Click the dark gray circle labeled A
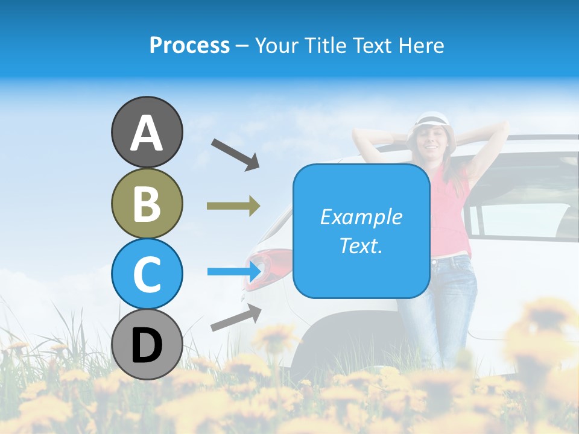[147, 132]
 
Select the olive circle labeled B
[147, 203]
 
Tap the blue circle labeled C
[147, 274]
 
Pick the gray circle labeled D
[147, 344]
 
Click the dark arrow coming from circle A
[235, 153]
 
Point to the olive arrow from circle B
[233, 206]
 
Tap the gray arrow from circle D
[236, 318]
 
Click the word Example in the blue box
[361, 217]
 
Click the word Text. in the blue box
[361, 246]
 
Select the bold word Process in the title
[189, 45]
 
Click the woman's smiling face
[431, 142]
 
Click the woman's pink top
[449, 211]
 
